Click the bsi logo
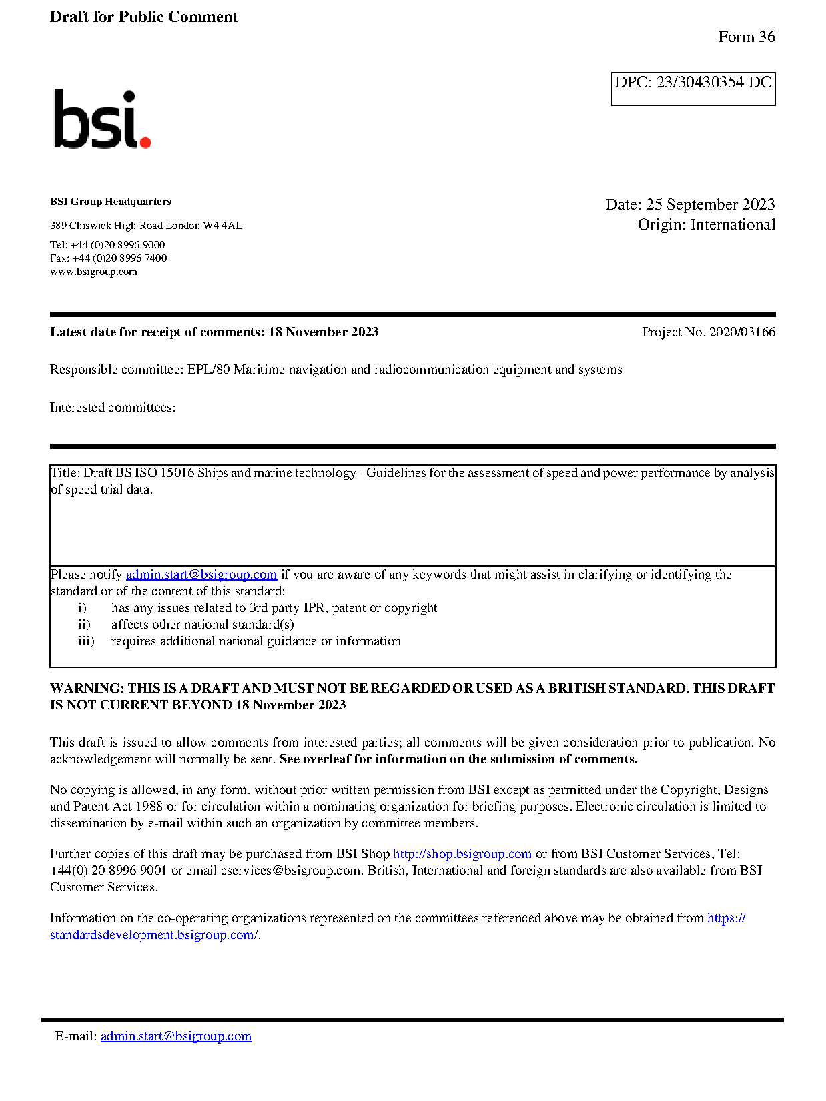[101, 119]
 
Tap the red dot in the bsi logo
[145, 141]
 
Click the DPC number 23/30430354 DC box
[693, 88]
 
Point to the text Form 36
[746, 37]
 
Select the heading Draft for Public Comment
[143, 17]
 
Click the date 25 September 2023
[710, 204]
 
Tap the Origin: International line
[706, 225]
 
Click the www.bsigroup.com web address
[93, 272]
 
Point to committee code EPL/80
[208, 370]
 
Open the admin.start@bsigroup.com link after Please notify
[201, 575]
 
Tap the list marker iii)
[86, 641]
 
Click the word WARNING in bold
[87, 689]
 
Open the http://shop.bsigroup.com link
[462, 854]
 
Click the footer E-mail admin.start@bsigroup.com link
[176, 1036]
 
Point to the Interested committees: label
[113, 408]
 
